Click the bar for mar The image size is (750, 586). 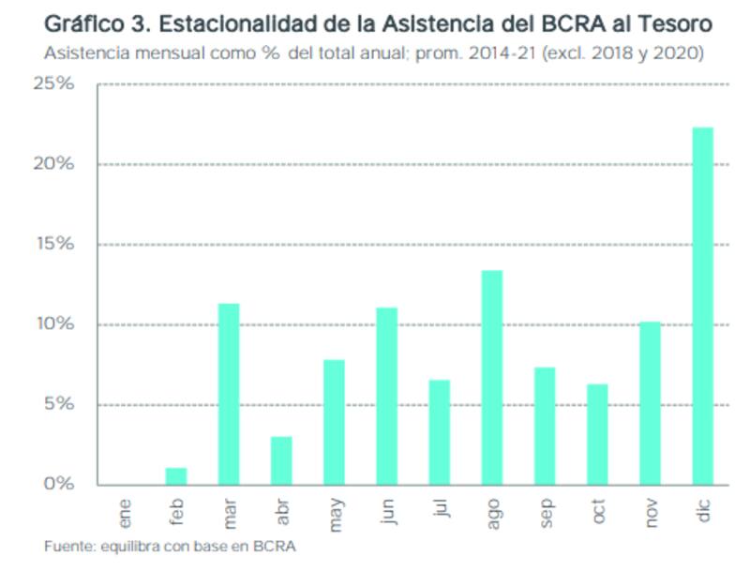tap(229, 394)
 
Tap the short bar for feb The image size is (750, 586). tap(176, 475)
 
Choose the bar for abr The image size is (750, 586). tap(281, 460)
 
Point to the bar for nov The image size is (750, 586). tap(650, 403)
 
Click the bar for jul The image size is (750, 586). tap(439, 432)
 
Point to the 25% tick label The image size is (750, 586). tap(54, 84)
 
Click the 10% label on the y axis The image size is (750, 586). tap(54, 324)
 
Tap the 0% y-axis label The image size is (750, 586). tap(58, 485)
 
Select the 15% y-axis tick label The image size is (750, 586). tap(54, 245)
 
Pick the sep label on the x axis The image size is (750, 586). tap(547, 514)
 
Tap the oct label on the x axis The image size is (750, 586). tap(599, 512)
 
